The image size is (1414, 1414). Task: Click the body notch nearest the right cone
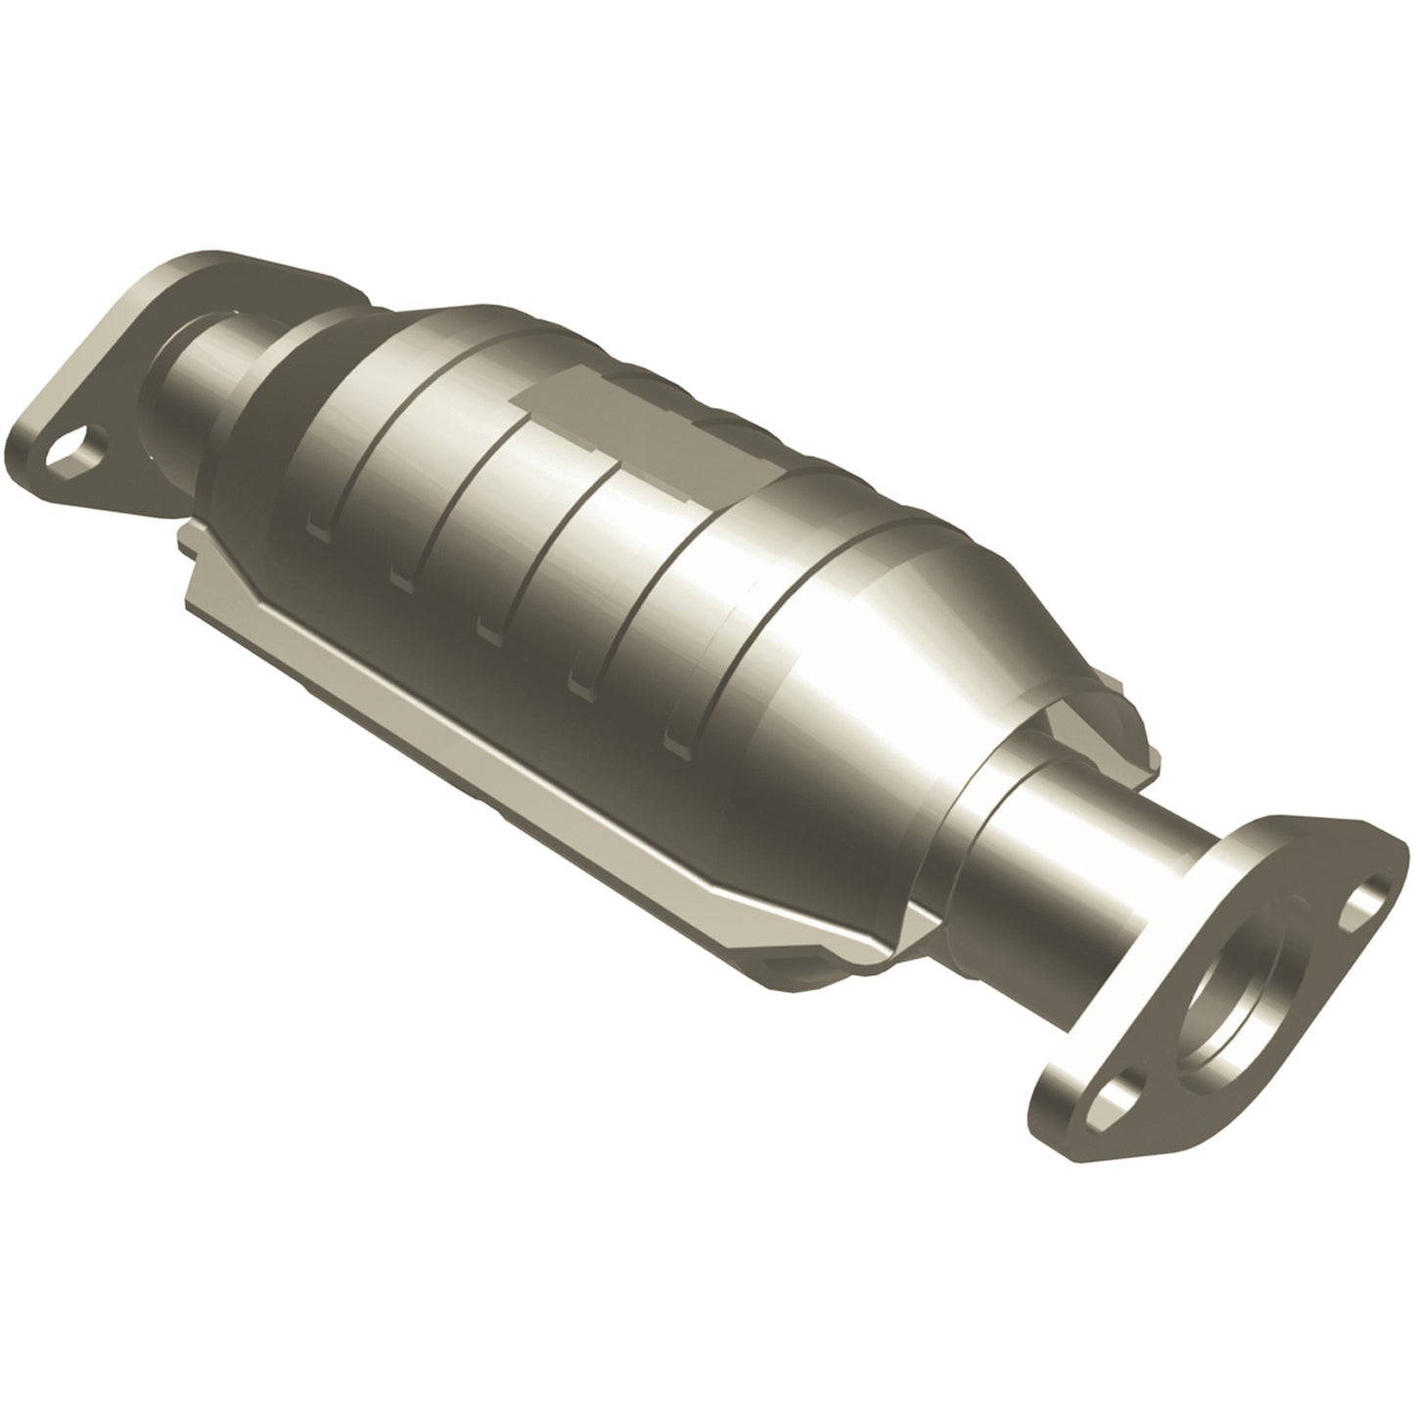[675, 745]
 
